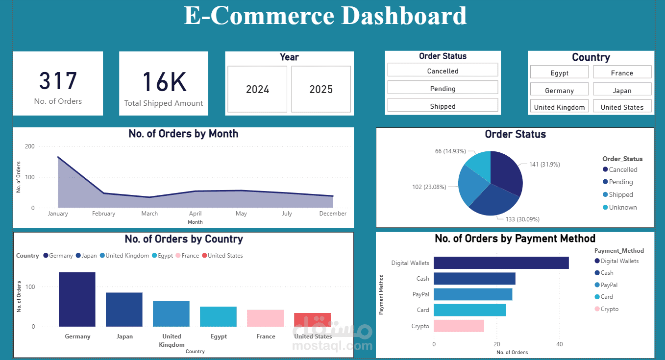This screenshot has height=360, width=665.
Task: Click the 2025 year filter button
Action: click(x=321, y=89)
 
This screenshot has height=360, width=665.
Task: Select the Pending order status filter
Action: click(x=443, y=89)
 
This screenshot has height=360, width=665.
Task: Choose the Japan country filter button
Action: click(x=622, y=91)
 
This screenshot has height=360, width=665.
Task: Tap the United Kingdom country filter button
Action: click(x=559, y=107)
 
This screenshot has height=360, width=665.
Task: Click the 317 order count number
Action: click(x=58, y=81)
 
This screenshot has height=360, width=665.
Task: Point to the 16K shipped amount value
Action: click(x=164, y=82)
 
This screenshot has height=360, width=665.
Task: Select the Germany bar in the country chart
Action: click(x=77, y=299)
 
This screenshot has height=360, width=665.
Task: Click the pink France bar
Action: click(x=265, y=318)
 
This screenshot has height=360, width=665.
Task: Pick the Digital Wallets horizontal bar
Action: click(x=501, y=263)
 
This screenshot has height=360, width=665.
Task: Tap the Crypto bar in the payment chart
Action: click(x=459, y=326)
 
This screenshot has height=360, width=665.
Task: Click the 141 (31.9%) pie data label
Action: click(x=544, y=165)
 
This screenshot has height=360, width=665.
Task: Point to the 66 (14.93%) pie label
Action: click(x=450, y=151)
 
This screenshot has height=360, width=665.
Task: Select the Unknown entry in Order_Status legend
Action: click(x=622, y=207)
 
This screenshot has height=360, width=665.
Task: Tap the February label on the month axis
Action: click(x=103, y=214)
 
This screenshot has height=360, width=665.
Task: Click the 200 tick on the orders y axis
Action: click(x=29, y=146)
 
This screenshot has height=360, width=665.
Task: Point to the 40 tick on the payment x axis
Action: click(x=560, y=344)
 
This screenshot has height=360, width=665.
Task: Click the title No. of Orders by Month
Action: click(x=183, y=134)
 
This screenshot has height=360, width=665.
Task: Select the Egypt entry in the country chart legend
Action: click(x=165, y=256)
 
